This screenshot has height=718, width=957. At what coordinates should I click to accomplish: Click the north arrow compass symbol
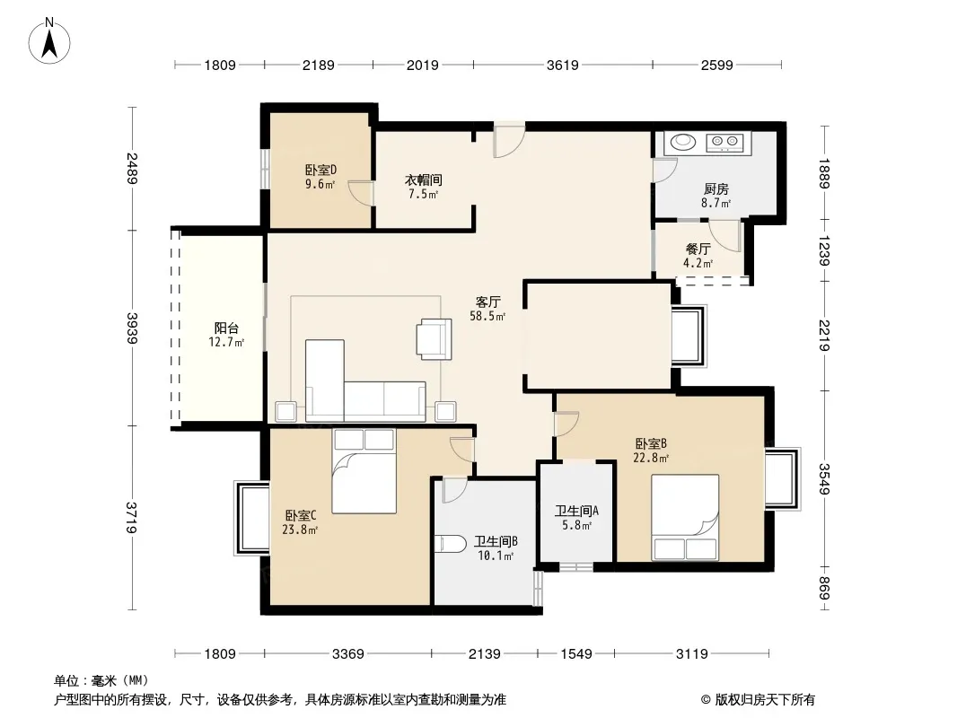coord(49,40)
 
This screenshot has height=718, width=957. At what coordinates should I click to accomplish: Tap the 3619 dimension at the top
coord(562,65)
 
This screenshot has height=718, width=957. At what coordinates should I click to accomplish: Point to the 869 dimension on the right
coord(824,588)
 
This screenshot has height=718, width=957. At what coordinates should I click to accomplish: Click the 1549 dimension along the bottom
coord(576,654)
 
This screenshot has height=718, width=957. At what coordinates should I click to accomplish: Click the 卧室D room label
coord(321,171)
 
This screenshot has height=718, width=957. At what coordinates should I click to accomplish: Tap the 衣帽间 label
coord(423,180)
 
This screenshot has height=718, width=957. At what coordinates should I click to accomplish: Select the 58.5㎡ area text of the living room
coord(487,316)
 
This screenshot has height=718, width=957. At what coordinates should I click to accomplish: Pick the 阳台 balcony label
coord(226,328)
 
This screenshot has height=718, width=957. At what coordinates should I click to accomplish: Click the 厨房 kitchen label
coord(716,189)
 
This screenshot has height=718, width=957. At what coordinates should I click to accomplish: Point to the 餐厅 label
coord(698,249)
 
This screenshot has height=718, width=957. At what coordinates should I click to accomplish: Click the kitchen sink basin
coord(683,142)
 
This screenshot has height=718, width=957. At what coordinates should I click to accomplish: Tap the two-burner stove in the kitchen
coord(724,142)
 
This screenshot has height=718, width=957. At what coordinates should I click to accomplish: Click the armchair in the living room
coord(434,339)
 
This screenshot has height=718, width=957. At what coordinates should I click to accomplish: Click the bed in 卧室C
coord(364,471)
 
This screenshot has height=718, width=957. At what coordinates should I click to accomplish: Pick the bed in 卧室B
coord(685,517)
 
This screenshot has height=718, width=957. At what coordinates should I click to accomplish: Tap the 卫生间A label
coord(576,511)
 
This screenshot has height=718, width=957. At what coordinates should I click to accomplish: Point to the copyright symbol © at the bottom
coord(706,700)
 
